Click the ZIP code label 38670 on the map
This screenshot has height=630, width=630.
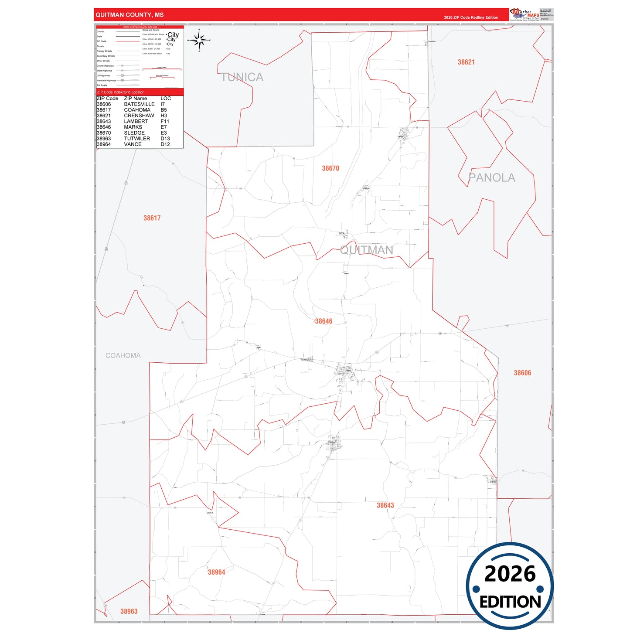[x=330, y=168]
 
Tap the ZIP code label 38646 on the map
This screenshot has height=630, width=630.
[x=324, y=321]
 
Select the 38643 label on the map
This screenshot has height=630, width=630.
[x=385, y=505]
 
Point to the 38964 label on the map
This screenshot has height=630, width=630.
[x=216, y=572]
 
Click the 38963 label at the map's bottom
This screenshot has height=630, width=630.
[x=129, y=611]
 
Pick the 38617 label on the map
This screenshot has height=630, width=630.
[x=152, y=218]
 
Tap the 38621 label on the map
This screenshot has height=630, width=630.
[x=466, y=62]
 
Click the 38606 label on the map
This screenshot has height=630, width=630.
[x=522, y=373]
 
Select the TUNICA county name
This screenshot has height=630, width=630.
[x=242, y=78]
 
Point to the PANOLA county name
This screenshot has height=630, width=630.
[x=491, y=178]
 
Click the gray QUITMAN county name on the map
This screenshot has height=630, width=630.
[x=366, y=250]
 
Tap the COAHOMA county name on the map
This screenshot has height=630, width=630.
[x=123, y=356]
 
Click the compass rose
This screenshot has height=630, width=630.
[x=199, y=41]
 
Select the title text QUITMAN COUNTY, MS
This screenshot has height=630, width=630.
[x=129, y=15]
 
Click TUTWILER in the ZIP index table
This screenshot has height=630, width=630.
[x=137, y=139]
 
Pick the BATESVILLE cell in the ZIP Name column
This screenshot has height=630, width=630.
[x=139, y=104]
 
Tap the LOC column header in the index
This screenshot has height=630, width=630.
[x=166, y=99]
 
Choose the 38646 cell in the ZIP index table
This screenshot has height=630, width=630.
[x=104, y=127]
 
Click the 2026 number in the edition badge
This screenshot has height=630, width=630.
[x=510, y=574]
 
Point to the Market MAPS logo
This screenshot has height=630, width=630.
[x=524, y=14]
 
